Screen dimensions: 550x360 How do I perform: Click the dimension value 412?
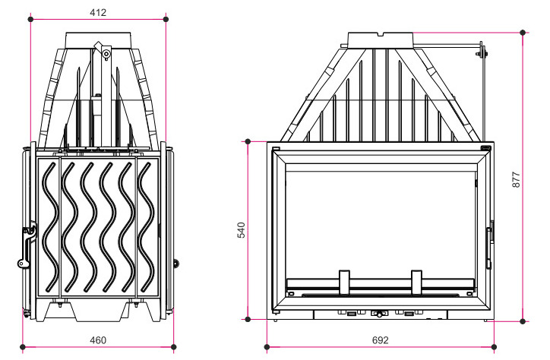98,13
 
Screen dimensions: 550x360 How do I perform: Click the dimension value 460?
98,340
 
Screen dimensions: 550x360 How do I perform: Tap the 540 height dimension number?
242,230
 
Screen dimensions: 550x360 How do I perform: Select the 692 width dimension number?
381,340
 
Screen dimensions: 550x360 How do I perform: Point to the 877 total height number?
517,179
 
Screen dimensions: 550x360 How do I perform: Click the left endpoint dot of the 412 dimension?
31,19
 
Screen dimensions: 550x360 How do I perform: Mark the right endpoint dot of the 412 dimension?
166,19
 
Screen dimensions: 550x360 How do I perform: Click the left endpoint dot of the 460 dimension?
23,347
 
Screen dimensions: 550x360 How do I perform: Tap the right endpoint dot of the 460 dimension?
174,347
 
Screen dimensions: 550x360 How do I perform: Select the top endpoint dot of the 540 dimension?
248,141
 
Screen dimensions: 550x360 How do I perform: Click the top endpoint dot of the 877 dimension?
523,33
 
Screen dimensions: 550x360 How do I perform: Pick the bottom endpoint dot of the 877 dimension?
523,321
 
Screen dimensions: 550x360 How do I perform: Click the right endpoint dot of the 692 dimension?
495,347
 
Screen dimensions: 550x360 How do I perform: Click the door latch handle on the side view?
27,245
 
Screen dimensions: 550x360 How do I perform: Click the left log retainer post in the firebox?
344,283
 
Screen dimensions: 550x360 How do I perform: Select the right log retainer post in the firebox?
416,283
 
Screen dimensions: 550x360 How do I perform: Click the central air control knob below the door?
378,313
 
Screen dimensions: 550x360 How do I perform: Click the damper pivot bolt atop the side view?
106,54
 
